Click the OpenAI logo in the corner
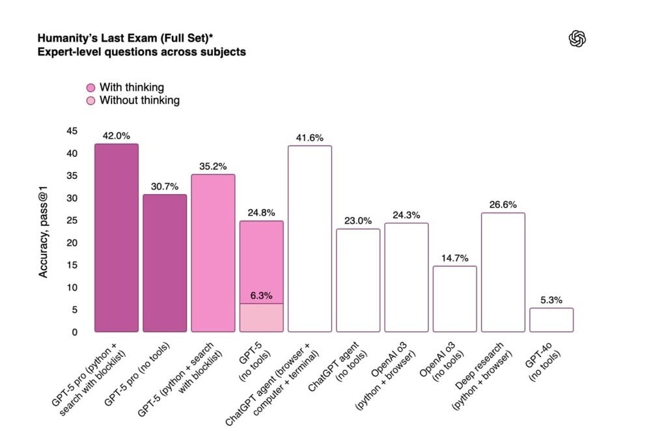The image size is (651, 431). (x=577, y=39)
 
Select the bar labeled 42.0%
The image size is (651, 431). (x=117, y=238)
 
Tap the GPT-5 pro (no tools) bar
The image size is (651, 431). (x=165, y=263)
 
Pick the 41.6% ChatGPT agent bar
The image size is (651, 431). (x=310, y=239)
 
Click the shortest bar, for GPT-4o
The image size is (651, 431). (x=551, y=320)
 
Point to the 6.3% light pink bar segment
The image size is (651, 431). (x=261, y=318)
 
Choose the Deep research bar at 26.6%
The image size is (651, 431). (x=503, y=272)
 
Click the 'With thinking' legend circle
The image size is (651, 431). (x=91, y=87)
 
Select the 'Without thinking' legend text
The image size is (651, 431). (x=139, y=100)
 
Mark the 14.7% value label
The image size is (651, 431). (x=454, y=258)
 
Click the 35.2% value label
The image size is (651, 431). (x=213, y=166)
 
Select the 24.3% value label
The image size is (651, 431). (x=406, y=215)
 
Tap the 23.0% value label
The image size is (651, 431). (x=358, y=221)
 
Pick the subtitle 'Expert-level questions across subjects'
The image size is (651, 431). (x=141, y=51)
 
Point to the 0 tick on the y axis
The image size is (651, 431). (x=74, y=332)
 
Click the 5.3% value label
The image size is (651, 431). (x=551, y=299)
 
